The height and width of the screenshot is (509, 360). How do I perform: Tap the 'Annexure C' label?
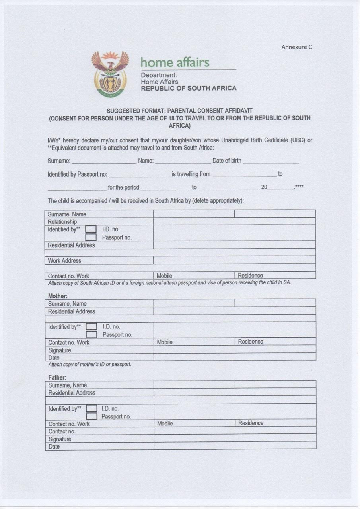click(x=297, y=47)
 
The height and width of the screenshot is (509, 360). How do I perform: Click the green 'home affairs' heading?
click(x=175, y=62)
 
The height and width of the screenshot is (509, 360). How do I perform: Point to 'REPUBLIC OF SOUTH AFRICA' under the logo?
click(x=189, y=88)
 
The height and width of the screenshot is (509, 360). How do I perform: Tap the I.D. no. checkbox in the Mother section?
click(x=91, y=326)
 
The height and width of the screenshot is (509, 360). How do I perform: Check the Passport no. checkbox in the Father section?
click(x=91, y=416)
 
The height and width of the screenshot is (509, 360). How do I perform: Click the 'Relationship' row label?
click(x=62, y=221)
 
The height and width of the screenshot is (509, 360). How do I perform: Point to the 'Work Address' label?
click(x=64, y=261)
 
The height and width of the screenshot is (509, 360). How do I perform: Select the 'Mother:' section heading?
click(x=58, y=296)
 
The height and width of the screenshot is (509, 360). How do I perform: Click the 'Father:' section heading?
click(x=57, y=377)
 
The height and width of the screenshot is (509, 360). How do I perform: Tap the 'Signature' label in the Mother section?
click(x=60, y=350)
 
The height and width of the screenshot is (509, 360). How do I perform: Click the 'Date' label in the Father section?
click(x=54, y=447)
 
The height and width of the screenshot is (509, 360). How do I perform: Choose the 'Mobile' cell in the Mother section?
click(x=165, y=342)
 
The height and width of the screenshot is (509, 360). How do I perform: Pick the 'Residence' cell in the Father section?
click(x=251, y=423)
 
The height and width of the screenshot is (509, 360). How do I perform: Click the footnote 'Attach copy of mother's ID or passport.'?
click(x=90, y=364)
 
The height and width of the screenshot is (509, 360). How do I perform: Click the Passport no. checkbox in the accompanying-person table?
click(x=91, y=237)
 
